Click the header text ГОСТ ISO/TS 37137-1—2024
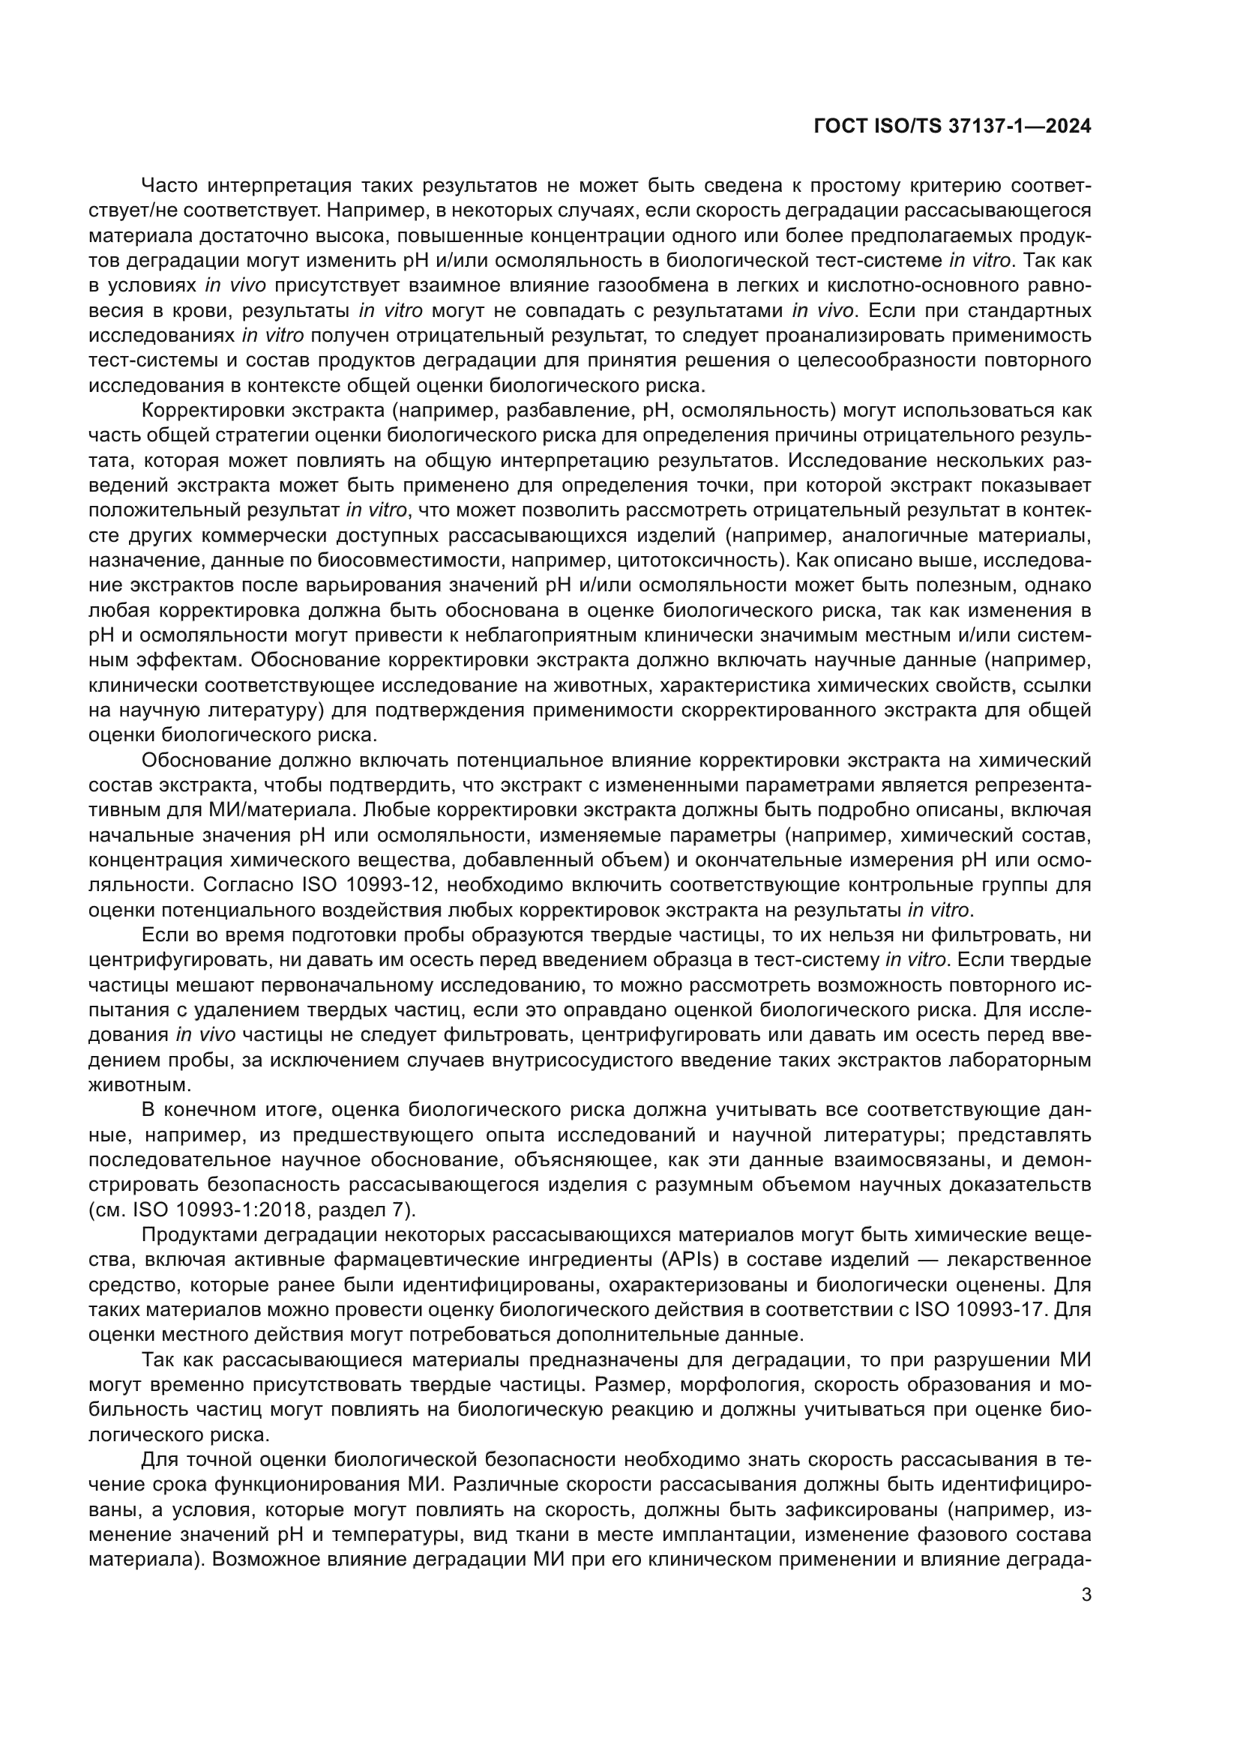[x=952, y=127]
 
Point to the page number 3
[x=1086, y=1594]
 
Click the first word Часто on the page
[x=169, y=186]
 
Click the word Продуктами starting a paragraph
[x=205, y=1234]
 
